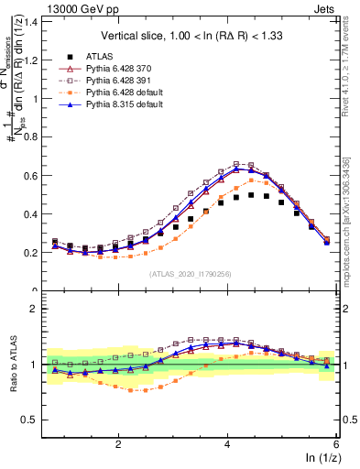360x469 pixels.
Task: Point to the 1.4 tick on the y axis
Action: point(32,22)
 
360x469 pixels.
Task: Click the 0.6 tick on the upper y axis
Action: point(32,175)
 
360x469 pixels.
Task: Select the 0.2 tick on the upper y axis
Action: point(32,252)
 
